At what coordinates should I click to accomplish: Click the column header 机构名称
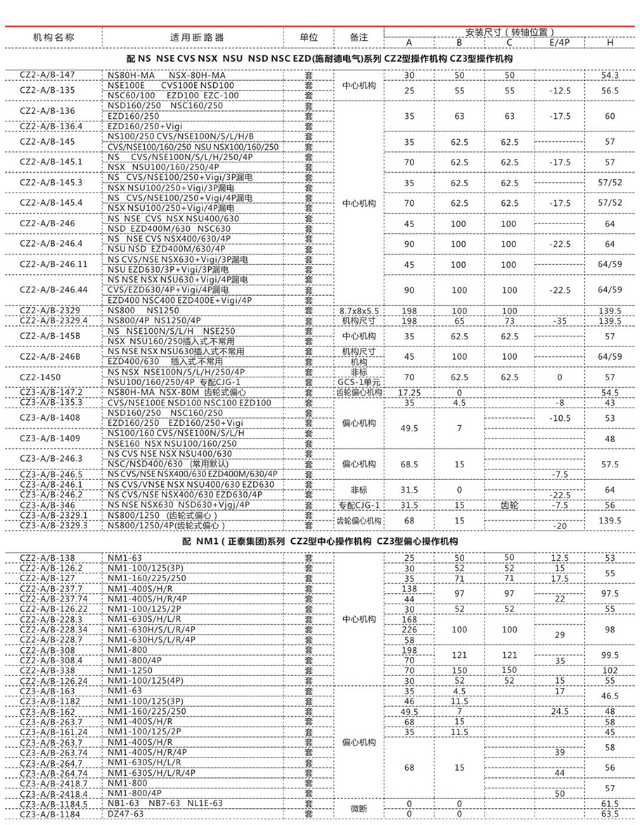(54, 37)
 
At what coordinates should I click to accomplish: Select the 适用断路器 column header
(191, 37)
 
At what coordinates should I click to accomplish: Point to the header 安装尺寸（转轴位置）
(510, 32)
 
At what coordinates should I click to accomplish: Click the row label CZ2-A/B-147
(47, 75)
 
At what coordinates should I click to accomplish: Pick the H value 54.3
(610, 75)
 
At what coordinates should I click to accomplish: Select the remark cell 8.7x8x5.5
(359, 311)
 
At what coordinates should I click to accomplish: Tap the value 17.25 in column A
(409, 392)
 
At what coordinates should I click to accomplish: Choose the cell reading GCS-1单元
(359, 382)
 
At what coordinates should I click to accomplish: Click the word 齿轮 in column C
(509, 505)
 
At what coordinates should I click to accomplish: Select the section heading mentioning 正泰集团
(320, 542)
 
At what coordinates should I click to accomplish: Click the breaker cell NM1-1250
(125, 670)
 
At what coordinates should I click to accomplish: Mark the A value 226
(409, 630)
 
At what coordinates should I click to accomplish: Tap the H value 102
(610, 670)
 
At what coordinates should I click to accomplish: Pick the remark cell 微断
(359, 808)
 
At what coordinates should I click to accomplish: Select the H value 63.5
(610, 814)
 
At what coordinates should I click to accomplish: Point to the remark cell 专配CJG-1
(359, 505)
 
